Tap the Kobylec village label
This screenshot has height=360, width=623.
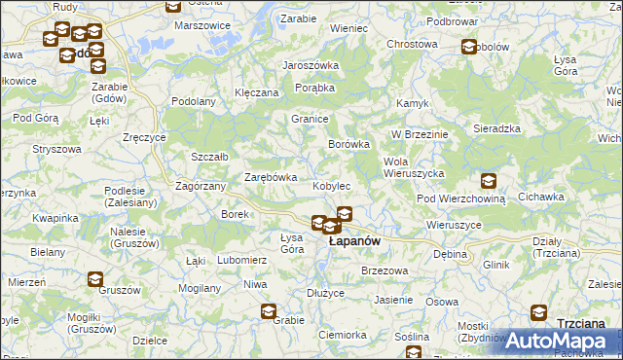click(x=331, y=185)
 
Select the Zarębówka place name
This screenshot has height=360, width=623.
click(x=270, y=177)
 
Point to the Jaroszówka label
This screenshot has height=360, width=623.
click(x=310, y=65)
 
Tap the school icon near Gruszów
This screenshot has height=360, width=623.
click(x=94, y=279)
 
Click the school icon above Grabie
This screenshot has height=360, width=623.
click(x=268, y=311)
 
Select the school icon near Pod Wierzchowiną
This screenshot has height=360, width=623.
click(x=488, y=181)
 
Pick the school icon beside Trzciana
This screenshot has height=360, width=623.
click(x=538, y=313)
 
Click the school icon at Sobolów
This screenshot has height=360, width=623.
click(x=469, y=47)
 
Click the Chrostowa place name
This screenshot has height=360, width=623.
click(x=412, y=44)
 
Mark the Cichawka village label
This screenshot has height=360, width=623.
click(x=541, y=197)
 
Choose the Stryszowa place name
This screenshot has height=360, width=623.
click(x=56, y=149)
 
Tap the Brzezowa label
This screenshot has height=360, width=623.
click(x=383, y=270)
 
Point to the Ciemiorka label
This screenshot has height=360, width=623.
click(x=342, y=335)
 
